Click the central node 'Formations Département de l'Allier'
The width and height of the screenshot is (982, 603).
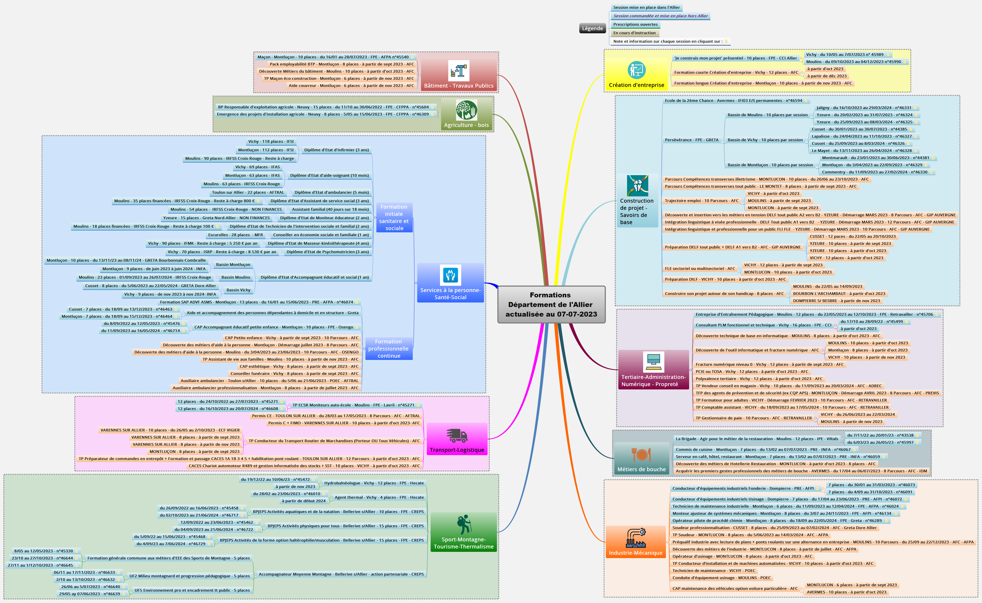pyautogui.click(x=551, y=304)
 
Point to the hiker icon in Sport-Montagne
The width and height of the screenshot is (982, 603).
pyautogui.click(x=464, y=524)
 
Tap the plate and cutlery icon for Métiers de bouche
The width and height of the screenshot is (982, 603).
pyautogui.click(x=641, y=455)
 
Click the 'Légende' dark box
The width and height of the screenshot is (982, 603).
pyautogui.click(x=592, y=28)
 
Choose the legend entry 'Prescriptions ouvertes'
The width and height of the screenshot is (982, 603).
pyautogui.click(x=635, y=24)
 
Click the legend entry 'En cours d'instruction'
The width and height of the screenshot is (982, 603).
pyautogui.click(x=634, y=33)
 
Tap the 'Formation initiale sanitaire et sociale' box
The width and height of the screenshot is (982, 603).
pyautogui.click(x=394, y=217)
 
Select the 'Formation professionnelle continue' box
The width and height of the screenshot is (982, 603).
pyautogui.click(x=389, y=349)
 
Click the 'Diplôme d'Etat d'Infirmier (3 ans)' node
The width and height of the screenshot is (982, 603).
pyautogui.click(x=336, y=150)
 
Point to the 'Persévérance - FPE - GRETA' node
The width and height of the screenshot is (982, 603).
pyautogui.click(x=692, y=140)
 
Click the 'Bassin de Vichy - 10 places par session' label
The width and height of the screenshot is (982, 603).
pyautogui.click(x=765, y=140)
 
